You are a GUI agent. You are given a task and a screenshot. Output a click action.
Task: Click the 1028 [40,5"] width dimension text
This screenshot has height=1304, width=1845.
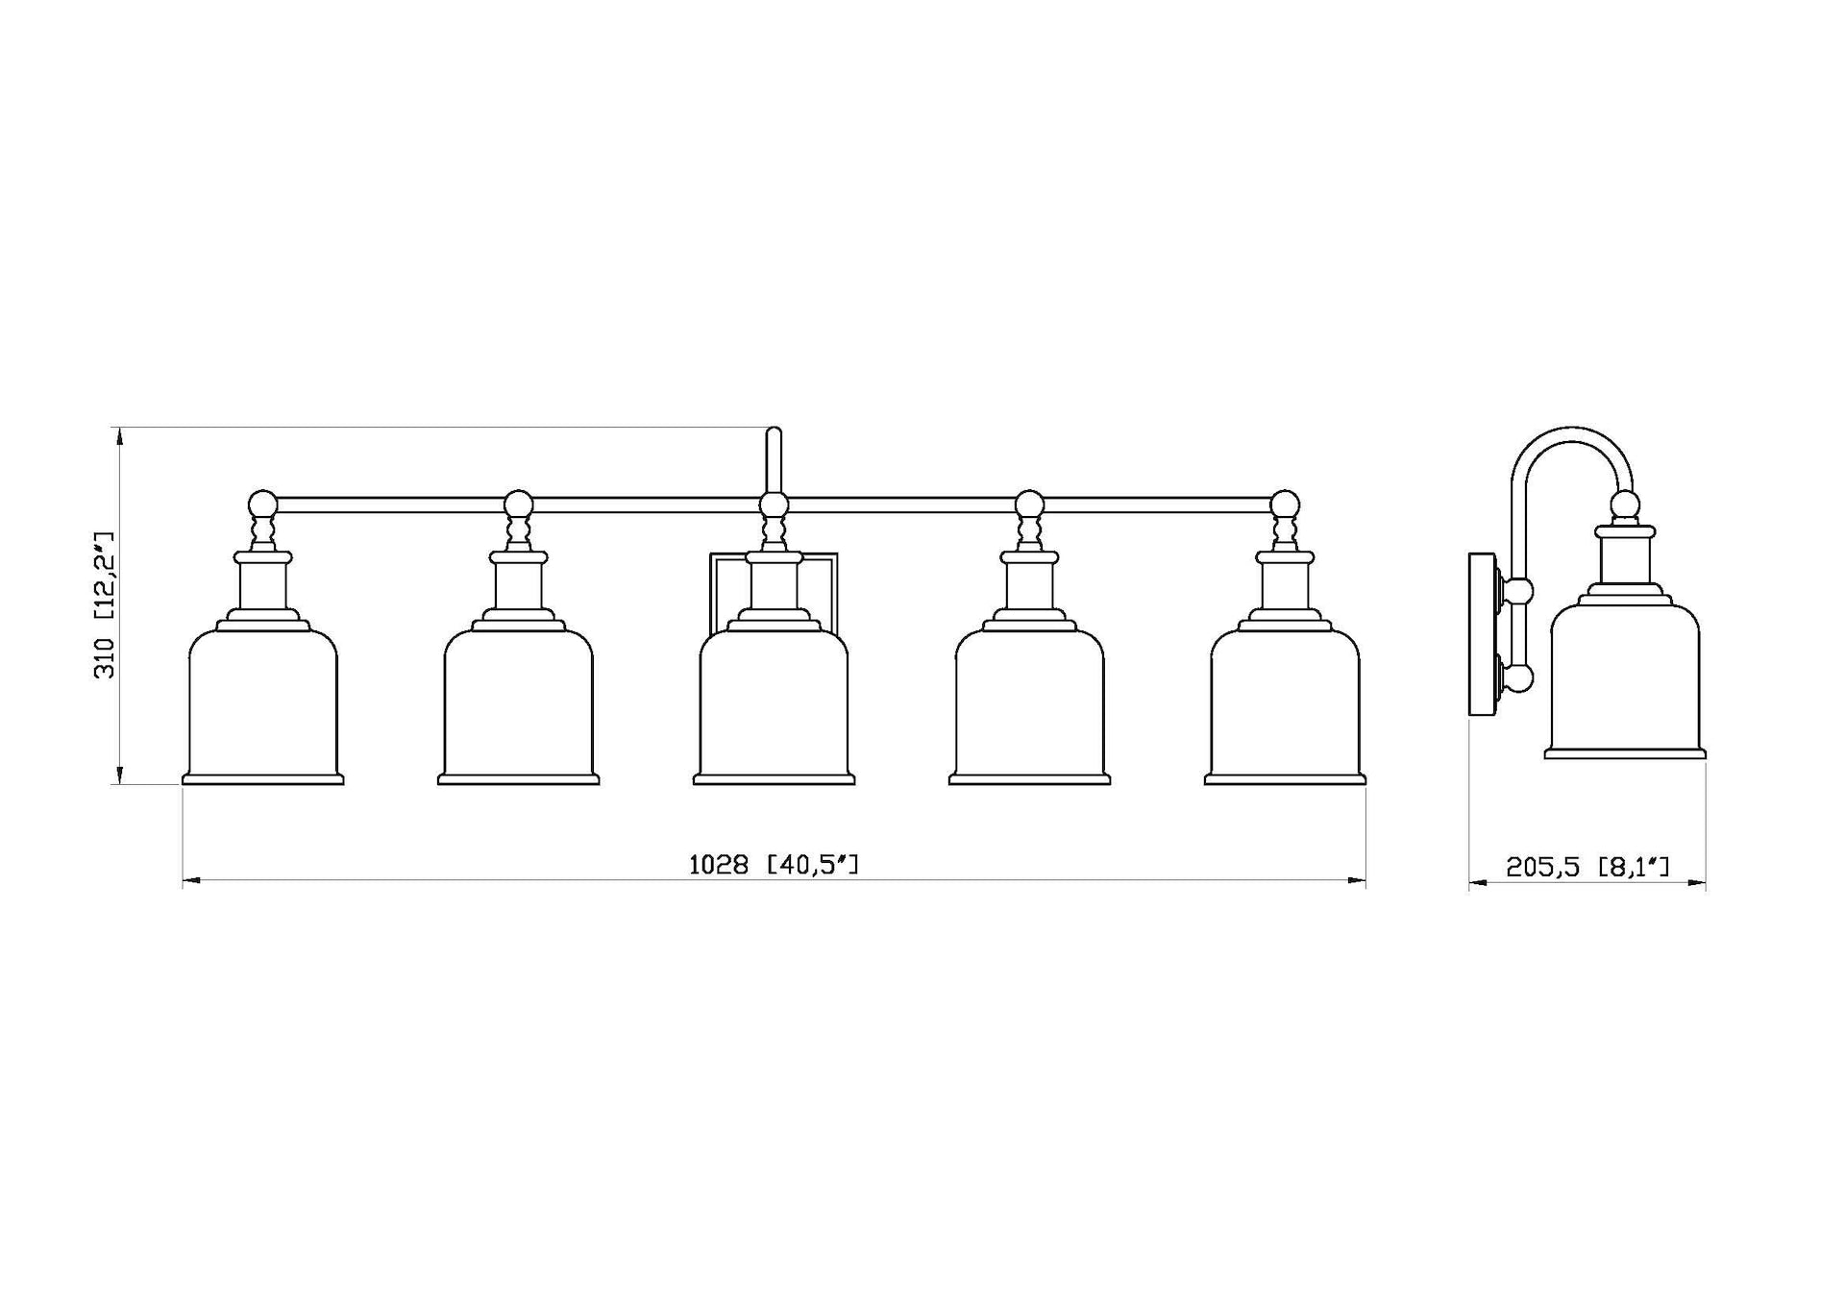pos(774,865)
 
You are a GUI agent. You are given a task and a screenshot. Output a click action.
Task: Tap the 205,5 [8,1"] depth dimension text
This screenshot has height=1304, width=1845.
pos(1587,867)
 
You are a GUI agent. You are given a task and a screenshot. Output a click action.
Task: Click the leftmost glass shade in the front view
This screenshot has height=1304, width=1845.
pos(263,706)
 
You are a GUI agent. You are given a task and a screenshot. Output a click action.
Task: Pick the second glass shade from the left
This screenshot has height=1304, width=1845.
pos(519,706)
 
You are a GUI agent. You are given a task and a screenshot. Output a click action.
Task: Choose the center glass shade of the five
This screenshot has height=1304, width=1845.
pos(774,706)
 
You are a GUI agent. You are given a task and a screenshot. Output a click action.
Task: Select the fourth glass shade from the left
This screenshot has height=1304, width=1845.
pos(1029,706)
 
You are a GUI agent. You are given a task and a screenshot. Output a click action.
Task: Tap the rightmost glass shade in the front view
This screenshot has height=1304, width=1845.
pos(1285,706)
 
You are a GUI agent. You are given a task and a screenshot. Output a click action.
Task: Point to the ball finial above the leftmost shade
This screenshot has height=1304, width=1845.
pos(262,504)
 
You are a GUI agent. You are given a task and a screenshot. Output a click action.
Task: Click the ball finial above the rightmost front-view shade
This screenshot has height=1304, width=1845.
pos(1285,504)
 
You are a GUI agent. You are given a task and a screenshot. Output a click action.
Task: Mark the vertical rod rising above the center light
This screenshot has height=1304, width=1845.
pos(774,461)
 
